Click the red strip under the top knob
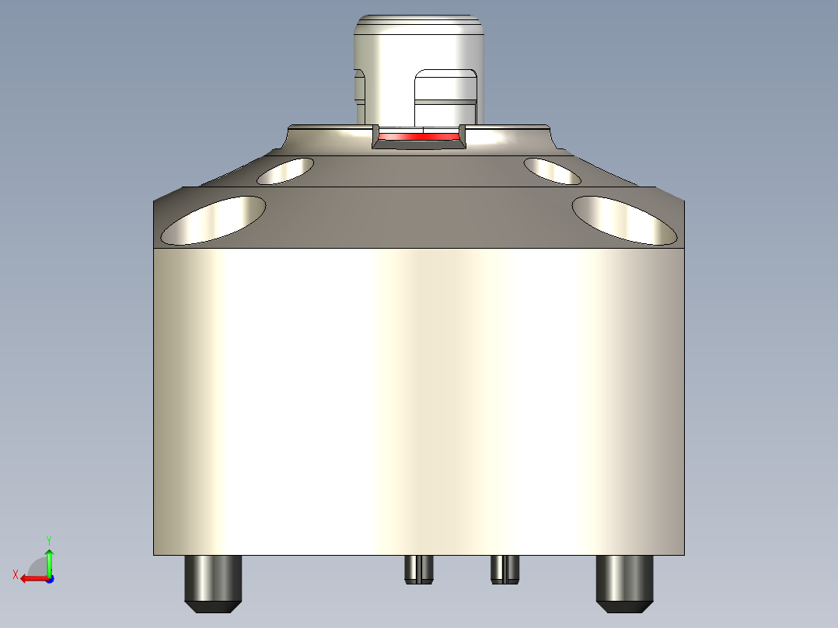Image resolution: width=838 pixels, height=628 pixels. click(x=418, y=137)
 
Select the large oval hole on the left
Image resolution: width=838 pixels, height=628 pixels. click(x=213, y=220)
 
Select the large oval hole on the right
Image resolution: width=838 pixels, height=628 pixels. click(x=624, y=220)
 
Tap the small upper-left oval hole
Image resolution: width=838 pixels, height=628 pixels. click(x=285, y=171)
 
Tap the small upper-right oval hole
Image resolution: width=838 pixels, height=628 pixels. click(x=552, y=171)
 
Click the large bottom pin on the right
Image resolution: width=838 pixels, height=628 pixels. click(x=625, y=579)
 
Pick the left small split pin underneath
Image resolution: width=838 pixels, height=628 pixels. click(x=418, y=569)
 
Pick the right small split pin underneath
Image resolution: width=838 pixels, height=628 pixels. click(x=505, y=569)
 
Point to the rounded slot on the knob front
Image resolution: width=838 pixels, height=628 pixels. click(x=445, y=97)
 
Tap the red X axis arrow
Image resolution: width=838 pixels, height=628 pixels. click(x=31, y=578)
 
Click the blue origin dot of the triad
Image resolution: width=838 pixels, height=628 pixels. click(x=49, y=578)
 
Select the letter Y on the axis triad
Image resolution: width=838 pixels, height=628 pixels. click(x=48, y=539)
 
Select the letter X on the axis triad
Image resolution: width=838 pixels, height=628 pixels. click(x=15, y=574)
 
